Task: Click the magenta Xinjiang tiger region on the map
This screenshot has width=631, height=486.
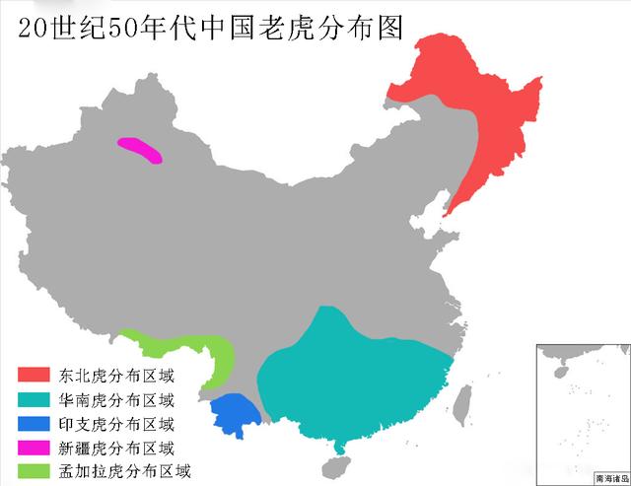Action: (139, 150)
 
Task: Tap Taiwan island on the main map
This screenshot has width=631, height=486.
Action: (467, 399)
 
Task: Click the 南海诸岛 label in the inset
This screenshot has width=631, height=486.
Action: (610, 478)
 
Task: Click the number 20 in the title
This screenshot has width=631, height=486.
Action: (31, 27)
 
